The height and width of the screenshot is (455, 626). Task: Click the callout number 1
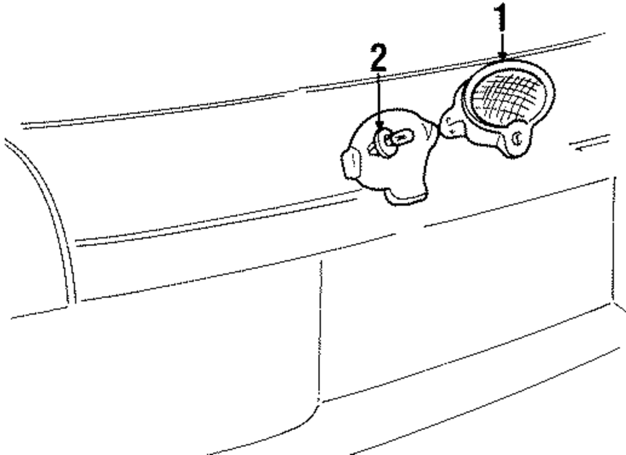501,18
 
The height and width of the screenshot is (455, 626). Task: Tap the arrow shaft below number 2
378,94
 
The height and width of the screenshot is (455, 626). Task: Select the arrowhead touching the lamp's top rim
503,57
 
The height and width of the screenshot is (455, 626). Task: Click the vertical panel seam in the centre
322,325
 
